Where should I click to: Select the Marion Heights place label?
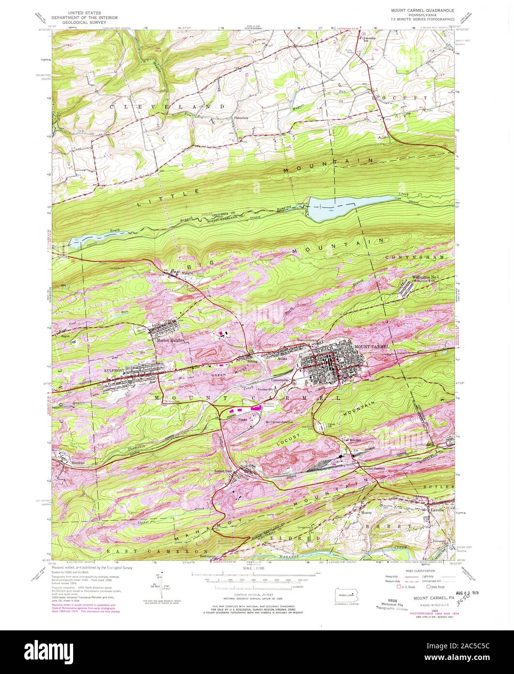pyautogui.click(x=170, y=340)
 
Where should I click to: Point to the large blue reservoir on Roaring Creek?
pyautogui.click(x=339, y=208)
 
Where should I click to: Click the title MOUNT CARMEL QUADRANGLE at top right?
pyautogui.click(x=423, y=9)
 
